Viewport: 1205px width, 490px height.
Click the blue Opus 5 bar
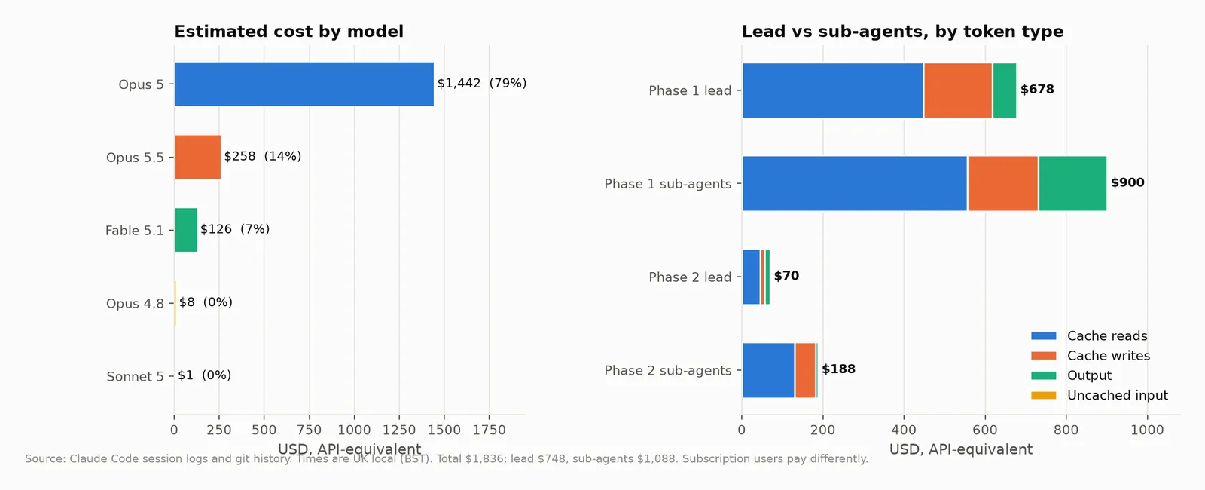point(304,84)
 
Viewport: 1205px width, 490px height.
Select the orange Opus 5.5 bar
point(197,158)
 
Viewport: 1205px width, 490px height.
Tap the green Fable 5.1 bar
point(185,230)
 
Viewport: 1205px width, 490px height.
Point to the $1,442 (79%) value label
point(482,84)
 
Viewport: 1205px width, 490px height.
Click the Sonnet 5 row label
point(135,376)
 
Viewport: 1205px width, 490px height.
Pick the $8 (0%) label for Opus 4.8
point(206,302)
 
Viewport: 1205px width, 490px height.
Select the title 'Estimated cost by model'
point(289,31)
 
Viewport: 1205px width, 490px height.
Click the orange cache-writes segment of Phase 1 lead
point(958,90)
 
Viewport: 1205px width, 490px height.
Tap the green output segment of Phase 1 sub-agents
point(1072,184)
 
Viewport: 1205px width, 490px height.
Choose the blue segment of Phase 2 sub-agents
point(768,370)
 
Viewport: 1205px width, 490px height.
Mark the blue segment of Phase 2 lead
point(751,277)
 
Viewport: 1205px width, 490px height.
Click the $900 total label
point(1127,182)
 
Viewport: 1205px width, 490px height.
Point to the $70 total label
point(786,276)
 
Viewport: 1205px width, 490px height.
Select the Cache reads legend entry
point(1089,336)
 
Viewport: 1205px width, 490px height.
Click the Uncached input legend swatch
point(1044,395)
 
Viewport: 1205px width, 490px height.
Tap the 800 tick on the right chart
point(1066,430)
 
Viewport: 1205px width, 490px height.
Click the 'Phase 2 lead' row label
point(690,277)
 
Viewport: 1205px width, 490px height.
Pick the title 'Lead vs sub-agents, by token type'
point(903,31)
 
